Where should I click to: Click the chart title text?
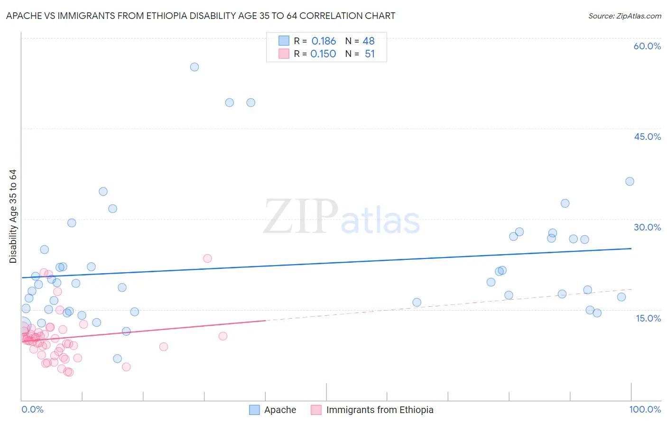click(200, 16)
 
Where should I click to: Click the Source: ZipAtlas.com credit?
click(624, 16)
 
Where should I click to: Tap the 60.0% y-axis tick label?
click(647, 46)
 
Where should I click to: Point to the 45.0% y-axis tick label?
click(647, 137)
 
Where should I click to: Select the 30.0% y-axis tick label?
click(647, 227)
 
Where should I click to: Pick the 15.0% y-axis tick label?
click(648, 318)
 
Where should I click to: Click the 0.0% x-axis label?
click(32, 409)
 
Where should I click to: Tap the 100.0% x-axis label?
click(645, 409)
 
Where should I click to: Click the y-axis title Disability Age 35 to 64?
click(13, 216)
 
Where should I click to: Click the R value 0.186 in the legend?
click(324, 41)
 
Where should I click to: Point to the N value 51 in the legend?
click(370, 54)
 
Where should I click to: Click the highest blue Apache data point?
click(195, 67)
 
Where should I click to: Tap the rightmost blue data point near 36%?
click(630, 181)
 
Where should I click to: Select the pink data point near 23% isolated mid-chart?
click(207, 258)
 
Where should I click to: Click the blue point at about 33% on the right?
click(565, 203)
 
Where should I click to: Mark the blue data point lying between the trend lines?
click(417, 302)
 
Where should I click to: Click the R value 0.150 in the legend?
click(323, 54)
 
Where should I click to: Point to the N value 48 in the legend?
click(369, 41)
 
